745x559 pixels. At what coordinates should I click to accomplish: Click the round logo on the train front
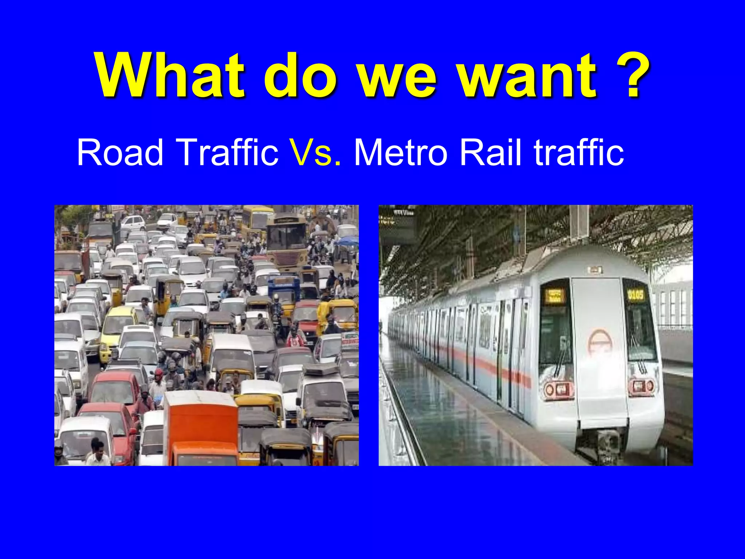[x=599, y=342]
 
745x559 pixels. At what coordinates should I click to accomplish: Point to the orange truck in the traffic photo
[x=201, y=429]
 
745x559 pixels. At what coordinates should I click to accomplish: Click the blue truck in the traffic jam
[x=284, y=288]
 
